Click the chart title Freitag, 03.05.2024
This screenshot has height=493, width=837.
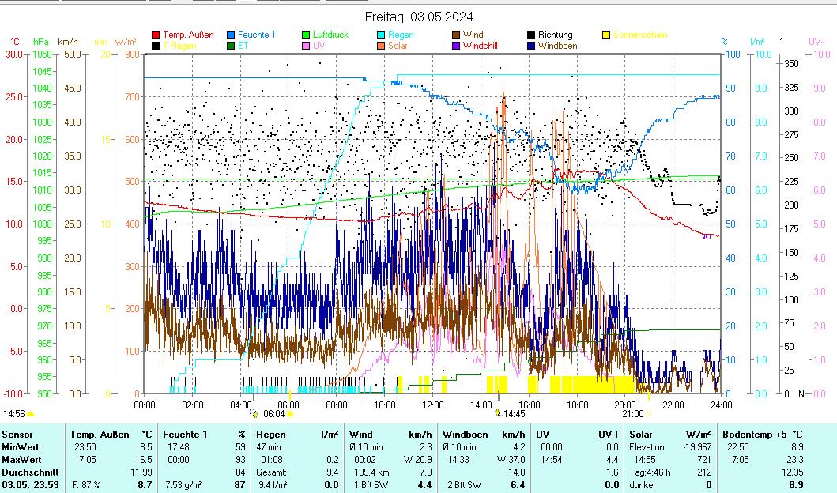(x=419, y=17)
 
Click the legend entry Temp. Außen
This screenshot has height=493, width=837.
(x=188, y=35)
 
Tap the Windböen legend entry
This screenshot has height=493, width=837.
(x=557, y=46)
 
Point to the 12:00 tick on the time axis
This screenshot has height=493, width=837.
(x=432, y=405)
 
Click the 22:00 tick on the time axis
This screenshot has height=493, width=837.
(x=673, y=405)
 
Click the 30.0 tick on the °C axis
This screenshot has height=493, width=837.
(x=14, y=55)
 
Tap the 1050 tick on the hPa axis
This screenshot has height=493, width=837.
(x=42, y=55)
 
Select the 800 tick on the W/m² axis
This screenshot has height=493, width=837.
(x=131, y=55)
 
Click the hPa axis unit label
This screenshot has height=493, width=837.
(x=40, y=41)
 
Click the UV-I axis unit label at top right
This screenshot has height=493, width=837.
(x=816, y=41)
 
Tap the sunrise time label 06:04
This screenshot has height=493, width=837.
(x=273, y=413)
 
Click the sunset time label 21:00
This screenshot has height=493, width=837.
(x=632, y=413)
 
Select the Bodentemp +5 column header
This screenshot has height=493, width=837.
(x=762, y=434)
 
